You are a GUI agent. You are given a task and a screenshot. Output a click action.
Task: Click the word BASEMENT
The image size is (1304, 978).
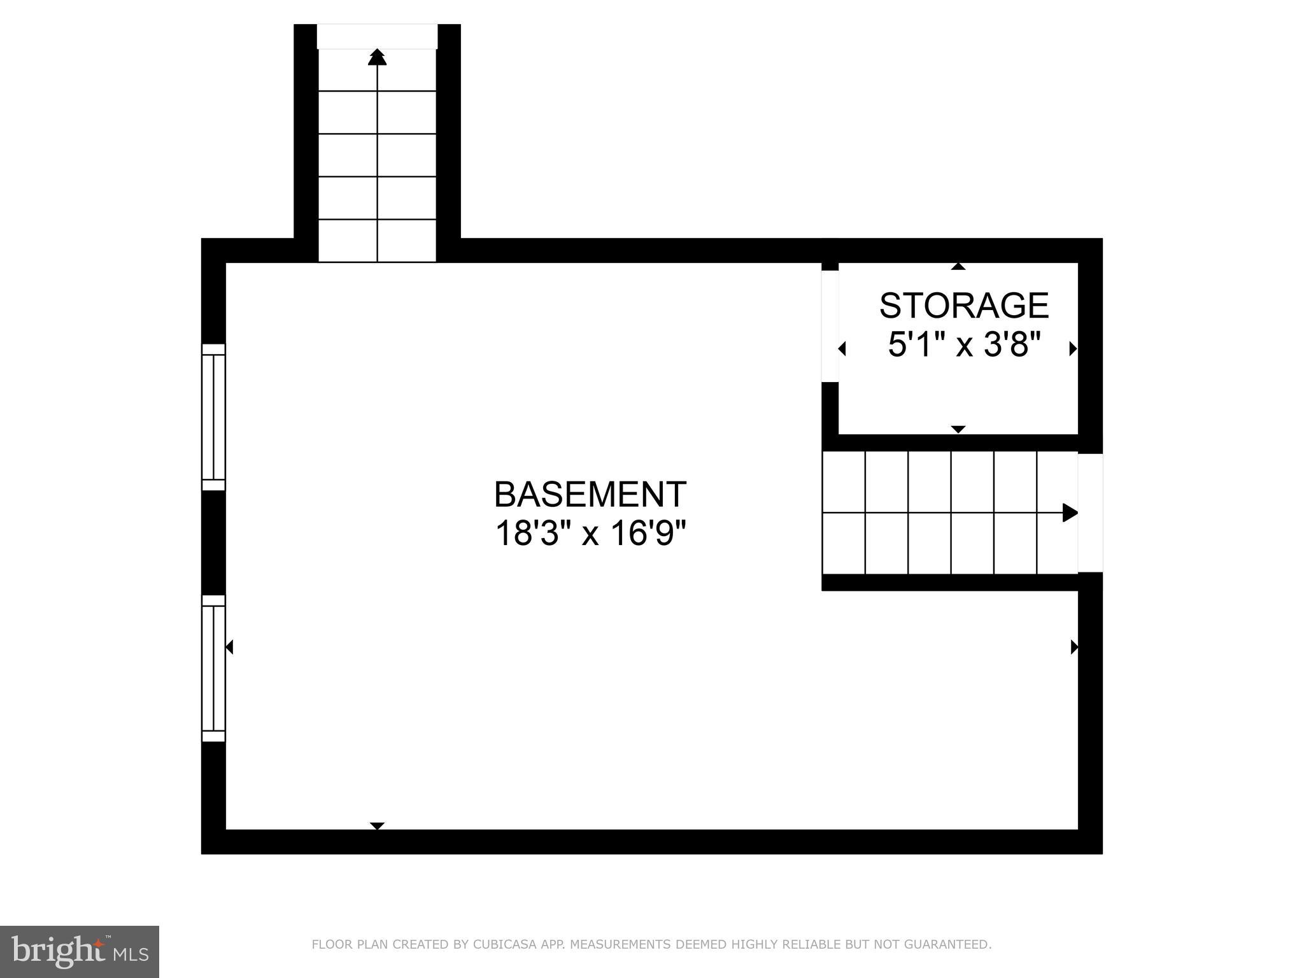[x=590, y=494]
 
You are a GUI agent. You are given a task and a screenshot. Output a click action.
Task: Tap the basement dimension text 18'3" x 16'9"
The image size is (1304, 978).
[x=590, y=534]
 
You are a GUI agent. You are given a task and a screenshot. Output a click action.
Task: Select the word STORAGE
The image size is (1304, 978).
[x=963, y=306]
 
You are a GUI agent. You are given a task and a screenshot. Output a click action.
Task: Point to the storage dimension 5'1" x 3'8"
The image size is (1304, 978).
[x=964, y=346]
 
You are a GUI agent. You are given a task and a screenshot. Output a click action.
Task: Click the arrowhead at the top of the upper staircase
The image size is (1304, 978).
[x=378, y=57]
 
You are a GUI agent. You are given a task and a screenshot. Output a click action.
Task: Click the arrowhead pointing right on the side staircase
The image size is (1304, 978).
[x=1070, y=513]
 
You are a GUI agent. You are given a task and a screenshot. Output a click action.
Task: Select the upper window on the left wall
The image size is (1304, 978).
[x=214, y=417]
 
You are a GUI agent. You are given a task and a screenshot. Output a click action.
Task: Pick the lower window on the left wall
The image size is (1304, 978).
[x=214, y=669]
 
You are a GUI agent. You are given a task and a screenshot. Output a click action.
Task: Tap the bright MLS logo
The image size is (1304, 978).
[x=79, y=952]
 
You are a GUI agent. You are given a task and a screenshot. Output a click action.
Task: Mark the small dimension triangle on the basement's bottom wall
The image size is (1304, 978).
[x=378, y=826]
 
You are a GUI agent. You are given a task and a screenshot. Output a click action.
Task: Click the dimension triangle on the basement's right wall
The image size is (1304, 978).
[x=1074, y=647]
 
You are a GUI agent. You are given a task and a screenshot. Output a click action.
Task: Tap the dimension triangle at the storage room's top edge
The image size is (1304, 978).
[x=958, y=266]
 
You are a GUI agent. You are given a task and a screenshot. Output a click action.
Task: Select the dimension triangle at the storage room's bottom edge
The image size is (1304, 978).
[x=958, y=430]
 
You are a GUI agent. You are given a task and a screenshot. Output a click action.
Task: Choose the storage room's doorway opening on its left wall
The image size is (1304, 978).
[x=830, y=326]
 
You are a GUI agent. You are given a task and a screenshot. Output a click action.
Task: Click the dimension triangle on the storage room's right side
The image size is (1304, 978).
[x=1073, y=348]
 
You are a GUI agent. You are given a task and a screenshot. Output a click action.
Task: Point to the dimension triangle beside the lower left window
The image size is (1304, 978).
[x=230, y=647]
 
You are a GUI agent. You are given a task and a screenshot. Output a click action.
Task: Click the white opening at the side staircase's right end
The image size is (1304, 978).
[x=1090, y=513]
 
